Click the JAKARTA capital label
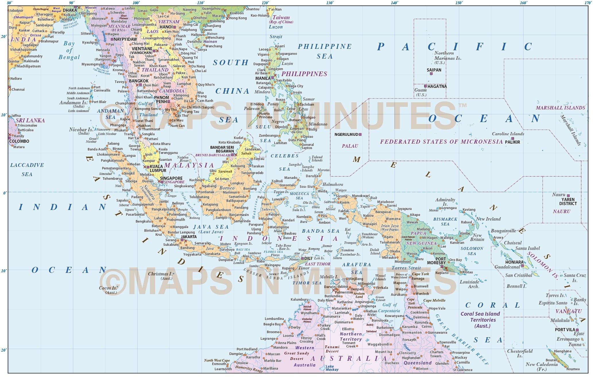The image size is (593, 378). [x=189, y=237]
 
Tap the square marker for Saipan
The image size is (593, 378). [x=431, y=74]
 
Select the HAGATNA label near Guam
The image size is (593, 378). [x=437, y=86]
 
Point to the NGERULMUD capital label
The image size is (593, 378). [x=346, y=134]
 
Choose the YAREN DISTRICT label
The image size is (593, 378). [x=568, y=202]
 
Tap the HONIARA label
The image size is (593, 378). [x=514, y=262]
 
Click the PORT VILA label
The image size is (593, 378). [x=565, y=330]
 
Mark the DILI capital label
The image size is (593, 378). [x=308, y=259]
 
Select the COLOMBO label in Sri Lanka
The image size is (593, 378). [x=19, y=141]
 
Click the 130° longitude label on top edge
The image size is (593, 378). [x=330, y=3]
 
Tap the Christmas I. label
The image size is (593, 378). [x=160, y=274]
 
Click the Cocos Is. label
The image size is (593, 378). [x=108, y=288]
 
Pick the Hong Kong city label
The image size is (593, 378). [x=238, y=18]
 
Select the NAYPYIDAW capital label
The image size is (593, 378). [x=125, y=39]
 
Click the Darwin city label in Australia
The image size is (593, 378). [x=330, y=287]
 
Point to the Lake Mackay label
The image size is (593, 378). [x=332, y=368]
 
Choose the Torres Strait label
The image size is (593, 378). [x=406, y=268]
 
